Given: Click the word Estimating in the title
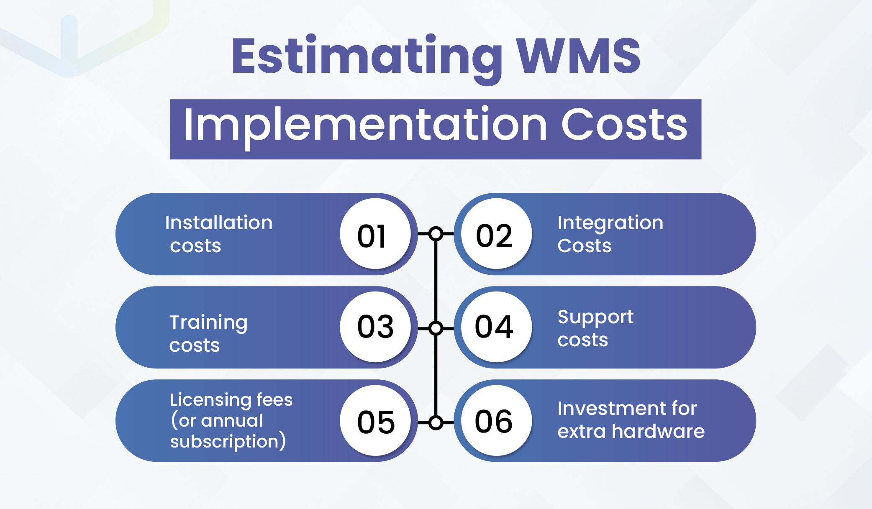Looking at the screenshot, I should [x=367, y=56].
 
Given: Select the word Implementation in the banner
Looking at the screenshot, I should [x=365, y=125].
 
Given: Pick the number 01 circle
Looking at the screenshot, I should [x=375, y=234].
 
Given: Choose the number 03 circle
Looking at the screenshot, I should [x=375, y=327].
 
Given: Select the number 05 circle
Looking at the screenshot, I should [x=375, y=420].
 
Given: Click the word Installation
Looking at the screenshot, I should [x=218, y=223].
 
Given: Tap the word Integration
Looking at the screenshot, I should [x=610, y=223].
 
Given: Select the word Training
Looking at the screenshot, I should [x=208, y=323].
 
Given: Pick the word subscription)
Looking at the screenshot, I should [x=228, y=442].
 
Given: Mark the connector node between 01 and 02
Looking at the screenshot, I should [x=436, y=233].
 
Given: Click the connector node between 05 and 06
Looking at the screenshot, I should [x=436, y=423].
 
